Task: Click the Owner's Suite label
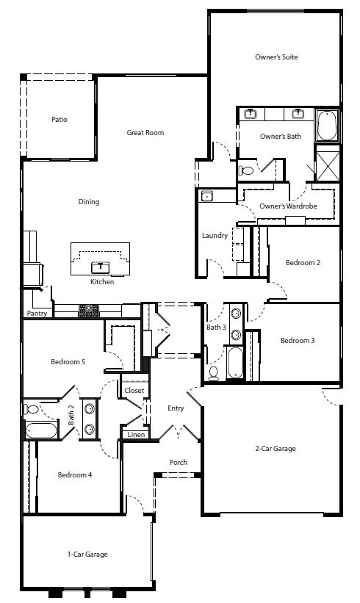pyautogui.click(x=276, y=57)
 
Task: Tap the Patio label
pyautogui.click(x=60, y=119)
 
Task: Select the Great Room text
pyautogui.click(x=145, y=133)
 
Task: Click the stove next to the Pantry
pyautogui.click(x=89, y=311)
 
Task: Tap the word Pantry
pyautogui.click(x=37, y=314)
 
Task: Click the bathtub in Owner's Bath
pyautogui.click(x=326, y=125)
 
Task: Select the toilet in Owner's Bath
pyautogui.click(x=246, y=170)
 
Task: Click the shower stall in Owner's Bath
pyautogui.click(x=327, y=162)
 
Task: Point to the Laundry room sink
pyautogui.click(x=207, y=196)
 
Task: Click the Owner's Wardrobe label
pyautogui.click(x=288, y=206)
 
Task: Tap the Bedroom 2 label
pyautogui.click(x=303, y=262)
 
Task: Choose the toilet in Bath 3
pyautogui.click(x=214, y=372)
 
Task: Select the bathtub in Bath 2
pyautogui.click(x=40, y=430)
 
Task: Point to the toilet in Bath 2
pyautogui.click(x=32, y=409)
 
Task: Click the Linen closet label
pyautogui.click(x=136, y=435)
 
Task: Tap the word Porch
pyautogui.click(x=178, y=462)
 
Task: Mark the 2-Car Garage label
pyautogui.click(x=276, y=448)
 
